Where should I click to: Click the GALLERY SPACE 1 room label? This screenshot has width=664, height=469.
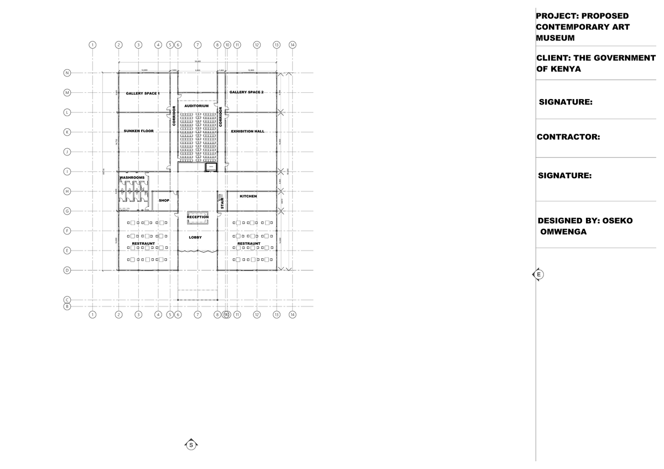coord(143,93)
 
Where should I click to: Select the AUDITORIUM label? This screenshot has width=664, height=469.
coord(196,105)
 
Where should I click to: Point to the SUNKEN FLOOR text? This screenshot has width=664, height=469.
coord(139,131)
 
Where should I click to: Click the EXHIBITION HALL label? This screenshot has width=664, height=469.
coord(247,132)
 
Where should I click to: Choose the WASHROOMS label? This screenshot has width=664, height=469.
coord(132,178)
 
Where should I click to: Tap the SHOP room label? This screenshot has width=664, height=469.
coord(164,200)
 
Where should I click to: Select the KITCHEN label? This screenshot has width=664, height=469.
coord(248,196)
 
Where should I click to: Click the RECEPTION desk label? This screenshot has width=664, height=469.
coord(198,217)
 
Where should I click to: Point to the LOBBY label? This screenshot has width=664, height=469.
coord(195,237)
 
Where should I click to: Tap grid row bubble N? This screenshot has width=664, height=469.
coord(67,72)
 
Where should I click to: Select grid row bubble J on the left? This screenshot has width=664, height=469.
coord(67,152)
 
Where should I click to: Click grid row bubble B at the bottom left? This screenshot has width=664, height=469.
coord(67,306)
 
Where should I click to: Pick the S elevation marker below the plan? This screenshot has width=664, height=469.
coord(191,445)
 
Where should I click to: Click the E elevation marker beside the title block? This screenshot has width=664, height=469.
coord(537,274)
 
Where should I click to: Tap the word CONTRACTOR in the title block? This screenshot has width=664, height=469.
coord(568,137)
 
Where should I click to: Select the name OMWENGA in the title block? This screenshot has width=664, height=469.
coord(563,232)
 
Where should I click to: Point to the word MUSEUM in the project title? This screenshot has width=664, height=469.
coord(555,38)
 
